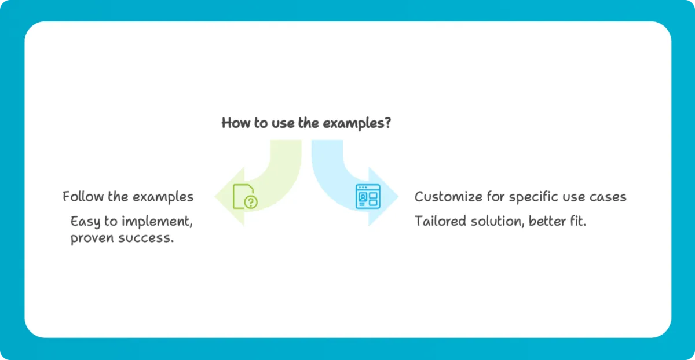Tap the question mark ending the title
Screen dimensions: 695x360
[387, 123]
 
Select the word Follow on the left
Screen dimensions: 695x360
[83, 197]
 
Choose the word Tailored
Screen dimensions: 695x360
[440, 222]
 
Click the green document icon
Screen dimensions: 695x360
[245, 196]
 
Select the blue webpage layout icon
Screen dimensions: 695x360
[368, 196]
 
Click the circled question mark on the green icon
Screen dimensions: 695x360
[251, 202]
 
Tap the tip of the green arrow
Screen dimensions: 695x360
[215, 196]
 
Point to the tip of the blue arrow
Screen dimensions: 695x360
[398, 196]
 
